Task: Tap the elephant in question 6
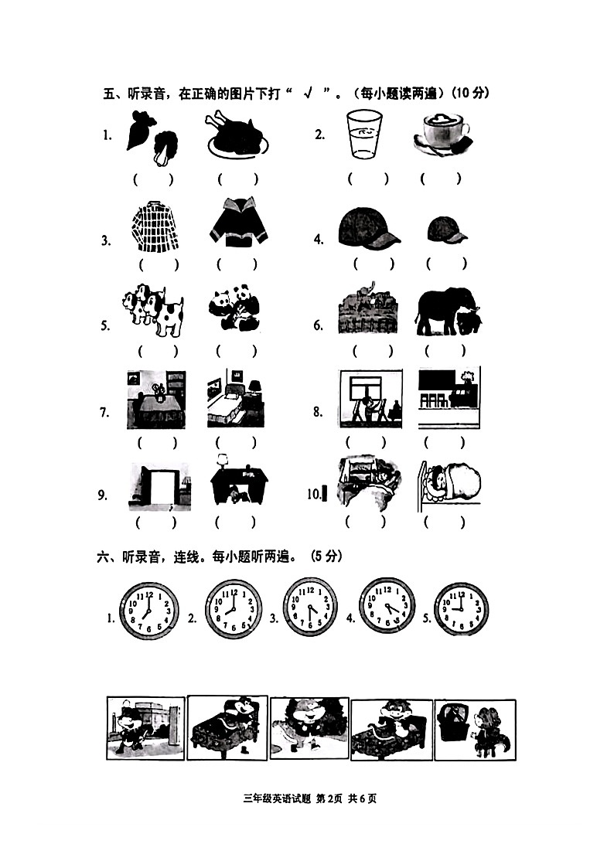(449, 311)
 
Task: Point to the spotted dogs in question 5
(153, 311)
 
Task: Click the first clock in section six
(149, 611)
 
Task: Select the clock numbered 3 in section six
(310, 608)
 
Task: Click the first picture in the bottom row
(145, 728)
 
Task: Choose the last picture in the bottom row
(474, 729)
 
